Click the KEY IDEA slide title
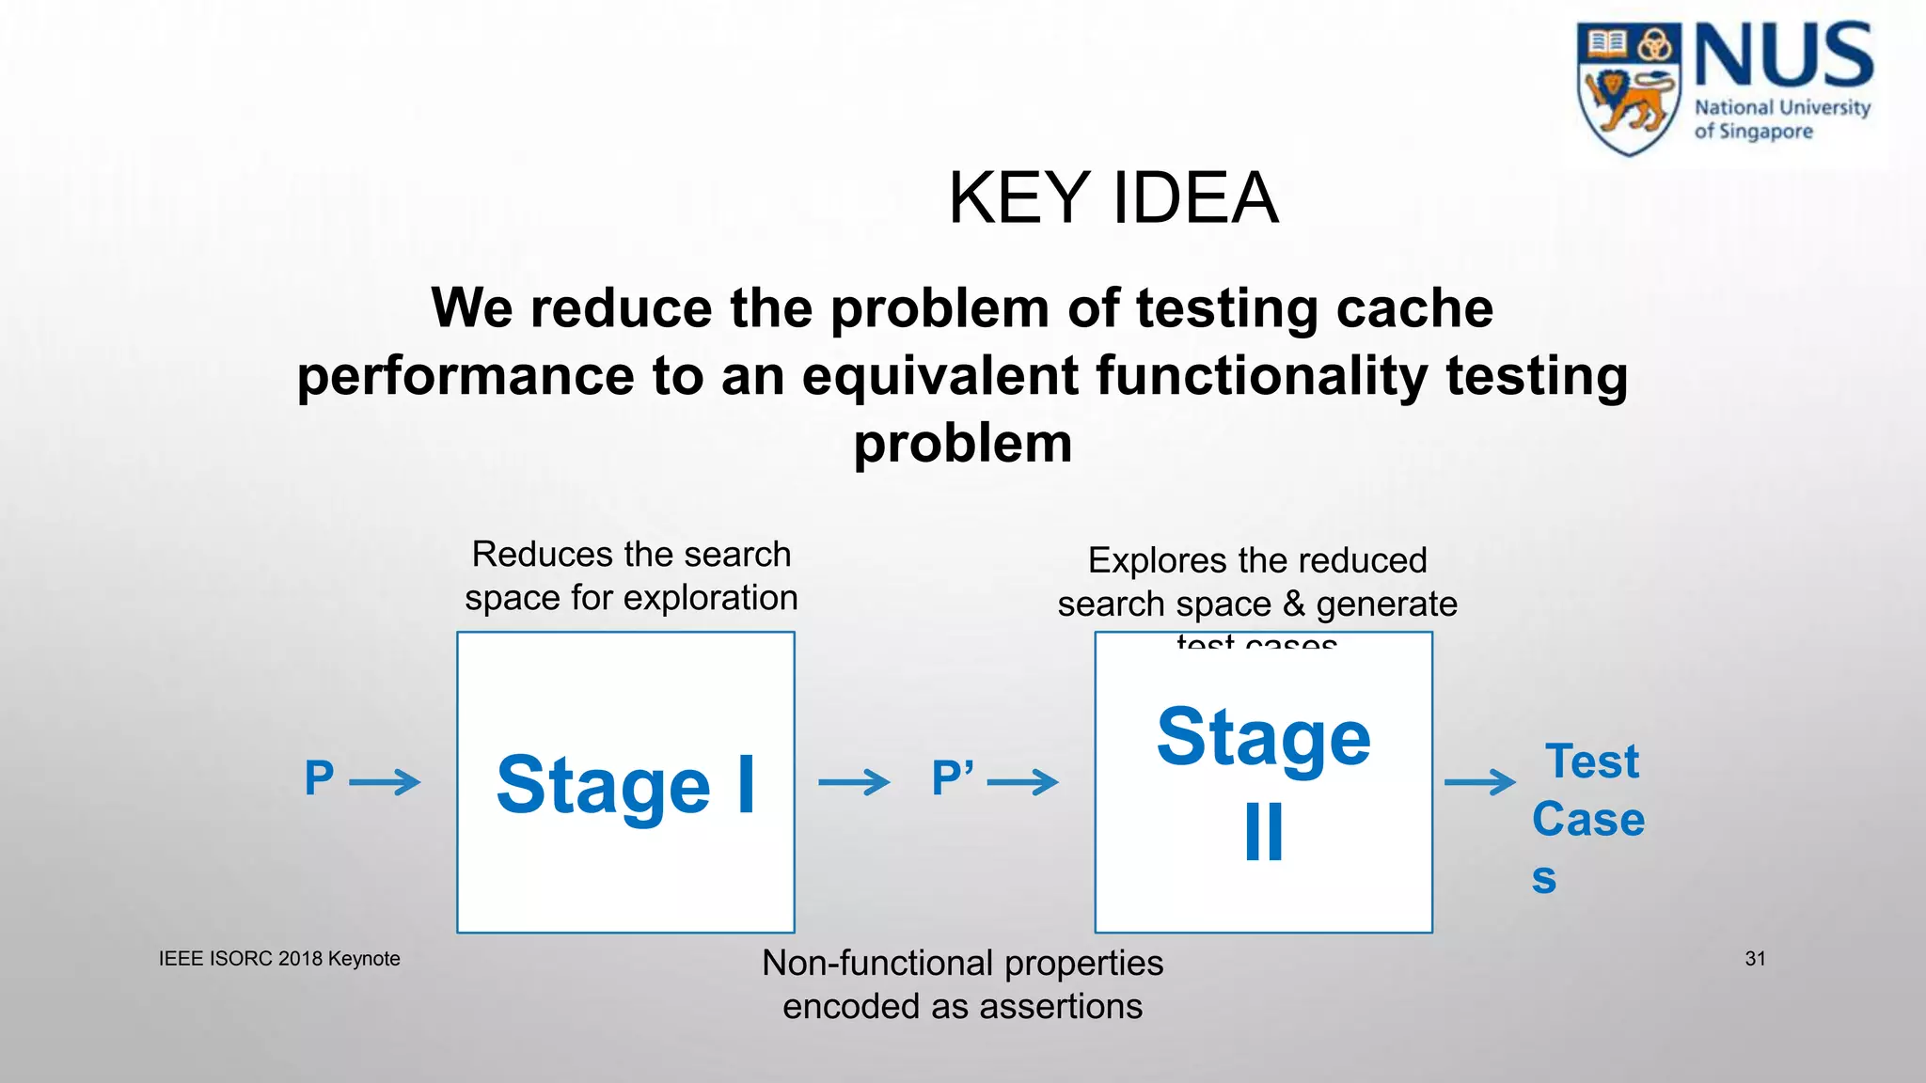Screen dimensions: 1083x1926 [1113, 198]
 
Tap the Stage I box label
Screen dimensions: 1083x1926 [625, 785]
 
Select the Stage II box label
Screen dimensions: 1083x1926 [1263, 782]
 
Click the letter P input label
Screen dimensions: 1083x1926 [320, 778]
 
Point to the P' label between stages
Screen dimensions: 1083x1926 [952, 778]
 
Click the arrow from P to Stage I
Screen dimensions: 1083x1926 [385, 781]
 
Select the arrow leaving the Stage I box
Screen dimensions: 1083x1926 [854, 781]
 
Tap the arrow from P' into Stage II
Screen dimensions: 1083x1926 [1023, 781]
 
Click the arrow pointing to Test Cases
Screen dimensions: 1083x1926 [1480, 781]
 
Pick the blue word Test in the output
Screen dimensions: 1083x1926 [1591, 761]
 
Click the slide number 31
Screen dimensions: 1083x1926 [1755, 959]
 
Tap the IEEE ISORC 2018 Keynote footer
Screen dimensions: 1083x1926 [279, 959]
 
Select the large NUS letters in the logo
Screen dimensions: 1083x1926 [1783, 56]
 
